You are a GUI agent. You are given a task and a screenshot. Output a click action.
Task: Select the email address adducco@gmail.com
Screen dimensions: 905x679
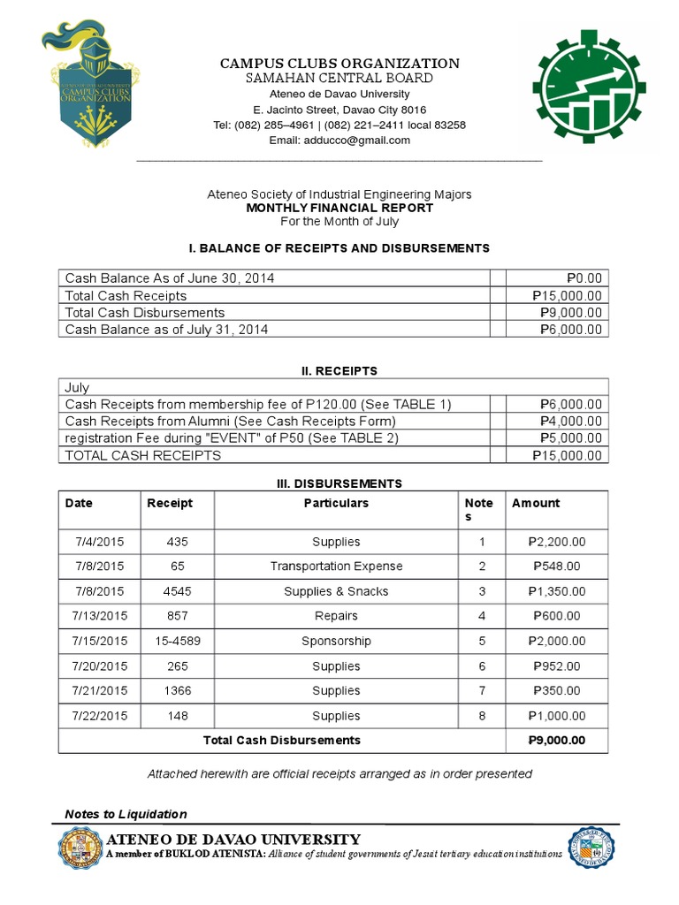[354, 140]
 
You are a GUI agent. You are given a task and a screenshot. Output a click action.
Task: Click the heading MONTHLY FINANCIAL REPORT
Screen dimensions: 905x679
[339, 208]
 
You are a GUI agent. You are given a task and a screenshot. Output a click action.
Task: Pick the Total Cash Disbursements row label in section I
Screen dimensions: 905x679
[145, 313]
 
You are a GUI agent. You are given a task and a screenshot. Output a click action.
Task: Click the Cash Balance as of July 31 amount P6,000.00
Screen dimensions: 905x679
[571, 330]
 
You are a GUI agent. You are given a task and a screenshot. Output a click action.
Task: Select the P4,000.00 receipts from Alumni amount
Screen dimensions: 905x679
[571, 422]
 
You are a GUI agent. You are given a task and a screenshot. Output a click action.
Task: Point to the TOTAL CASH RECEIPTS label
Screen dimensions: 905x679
[143, 456]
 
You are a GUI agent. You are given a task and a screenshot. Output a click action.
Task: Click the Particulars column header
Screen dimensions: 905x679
[336, 503]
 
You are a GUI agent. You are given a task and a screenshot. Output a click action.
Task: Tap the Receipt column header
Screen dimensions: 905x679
[169, 503]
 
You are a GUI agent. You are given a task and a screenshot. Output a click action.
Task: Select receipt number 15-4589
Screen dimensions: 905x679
[177, 641]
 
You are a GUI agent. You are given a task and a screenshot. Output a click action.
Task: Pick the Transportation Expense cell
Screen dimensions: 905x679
[336, 567]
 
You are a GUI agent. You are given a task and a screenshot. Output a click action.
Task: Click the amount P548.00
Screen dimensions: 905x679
[556, 567]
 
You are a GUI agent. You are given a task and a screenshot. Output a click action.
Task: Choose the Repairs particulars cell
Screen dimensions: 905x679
[336, 616]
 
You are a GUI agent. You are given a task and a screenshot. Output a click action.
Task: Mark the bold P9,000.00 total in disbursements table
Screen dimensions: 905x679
[556, 741]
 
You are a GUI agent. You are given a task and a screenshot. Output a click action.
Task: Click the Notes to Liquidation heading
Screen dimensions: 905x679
[126, 814]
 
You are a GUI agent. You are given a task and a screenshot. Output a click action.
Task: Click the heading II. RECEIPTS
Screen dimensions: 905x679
[339, 371]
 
